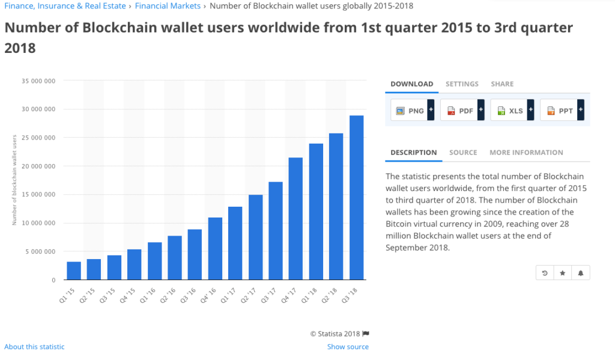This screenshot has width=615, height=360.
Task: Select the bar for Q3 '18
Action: point(357,198)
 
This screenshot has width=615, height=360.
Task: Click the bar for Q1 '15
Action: point(74,271)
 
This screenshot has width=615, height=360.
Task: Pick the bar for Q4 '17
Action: point(296,219)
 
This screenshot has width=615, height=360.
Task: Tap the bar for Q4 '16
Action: point(215,249)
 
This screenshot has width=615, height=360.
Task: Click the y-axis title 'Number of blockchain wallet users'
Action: point(14,180)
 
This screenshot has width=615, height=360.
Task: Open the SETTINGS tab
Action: point(462,84)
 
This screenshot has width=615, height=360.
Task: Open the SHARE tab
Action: point(502,84)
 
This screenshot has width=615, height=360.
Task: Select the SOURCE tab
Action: point(463,153)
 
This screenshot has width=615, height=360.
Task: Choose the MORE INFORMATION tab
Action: point(526,153)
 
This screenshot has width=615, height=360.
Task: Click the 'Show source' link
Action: point(348,347)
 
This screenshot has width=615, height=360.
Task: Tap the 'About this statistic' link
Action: point(34,347)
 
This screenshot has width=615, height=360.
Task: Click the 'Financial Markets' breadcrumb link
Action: point(168,6)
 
